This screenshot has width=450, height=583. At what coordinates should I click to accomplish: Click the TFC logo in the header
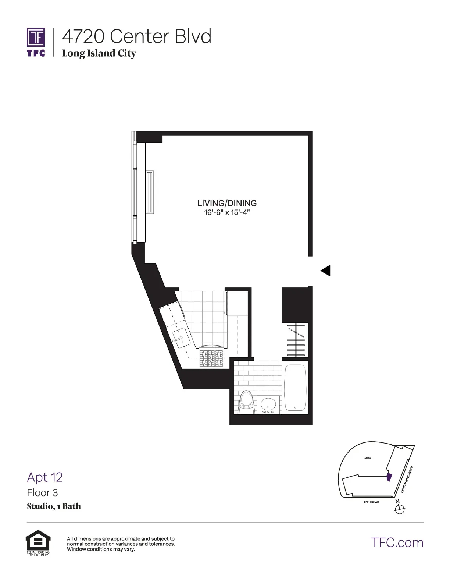click(36, 42)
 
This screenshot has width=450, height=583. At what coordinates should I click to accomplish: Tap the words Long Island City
click(99, 53)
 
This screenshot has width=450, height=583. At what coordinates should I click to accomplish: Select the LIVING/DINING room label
click(227, 203)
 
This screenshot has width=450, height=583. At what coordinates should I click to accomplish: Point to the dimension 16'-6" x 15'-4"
click(227, 213)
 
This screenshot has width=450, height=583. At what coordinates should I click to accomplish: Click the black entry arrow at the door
click(325, 271)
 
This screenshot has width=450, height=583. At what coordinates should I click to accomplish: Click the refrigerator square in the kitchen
click(237, 303)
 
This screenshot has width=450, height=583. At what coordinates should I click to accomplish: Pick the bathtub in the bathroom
click(295, 388)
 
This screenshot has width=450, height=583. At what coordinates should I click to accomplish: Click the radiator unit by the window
click(150, 192)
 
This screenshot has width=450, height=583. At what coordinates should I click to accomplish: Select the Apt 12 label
click(45, 477)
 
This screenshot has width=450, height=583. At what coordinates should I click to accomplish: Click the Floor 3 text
click(42, 493)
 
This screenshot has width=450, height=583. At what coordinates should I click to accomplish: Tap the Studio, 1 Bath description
click(54, 506)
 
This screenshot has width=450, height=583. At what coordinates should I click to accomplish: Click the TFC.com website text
click(397, 543)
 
